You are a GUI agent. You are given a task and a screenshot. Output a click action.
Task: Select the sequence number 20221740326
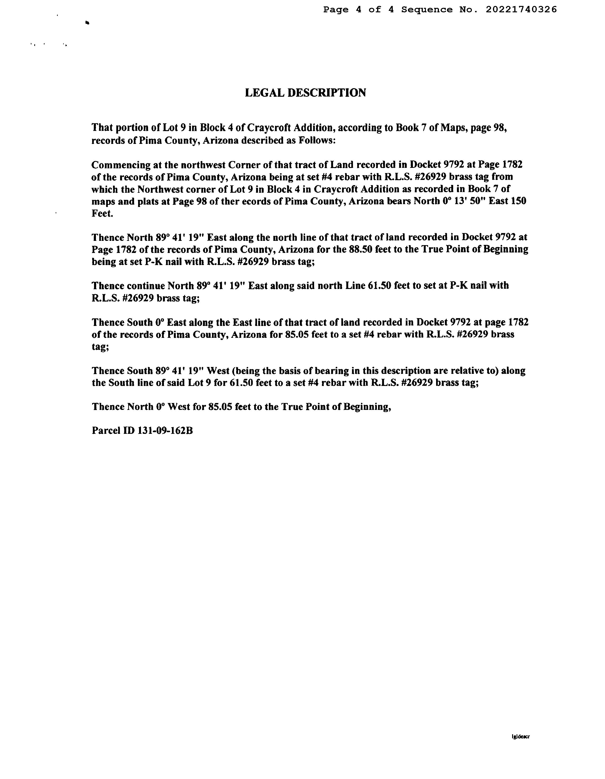click(x=521, y=10)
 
